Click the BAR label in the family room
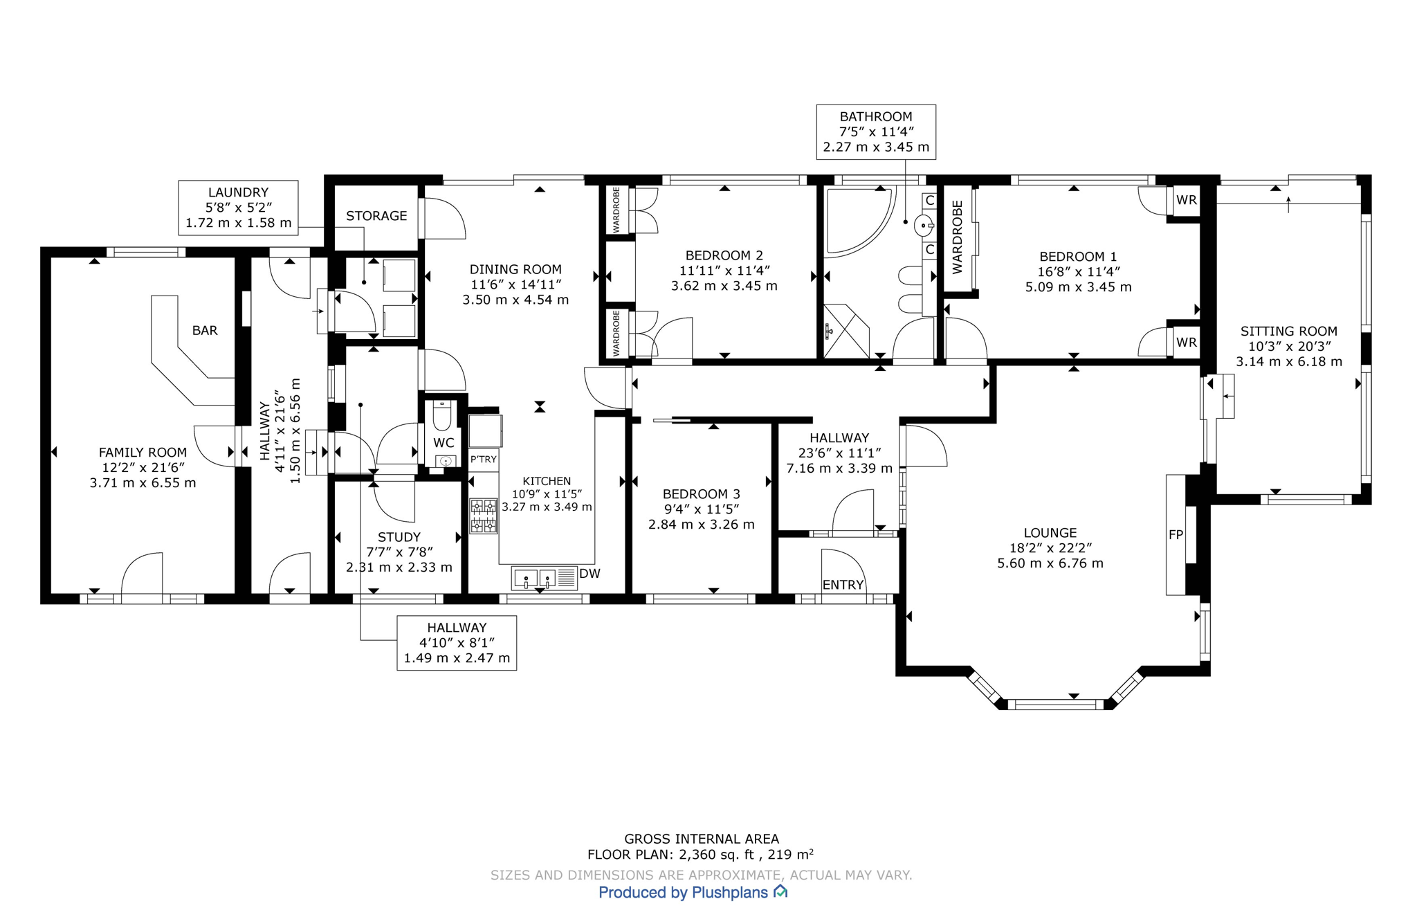tap(205, 331)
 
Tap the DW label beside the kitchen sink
tap(589, 574)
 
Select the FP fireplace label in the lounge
tap(1176, 534)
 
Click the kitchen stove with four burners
tap(484, 516)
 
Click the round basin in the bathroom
tap(923, 226)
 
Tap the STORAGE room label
tap(376, 216)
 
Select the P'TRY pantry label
tap(484, 460)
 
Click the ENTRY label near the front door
tap(843, 585)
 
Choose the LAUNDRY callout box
tap(238, 208)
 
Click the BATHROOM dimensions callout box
tap(876, 131)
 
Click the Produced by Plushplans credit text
tap(683, 893)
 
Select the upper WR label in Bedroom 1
tap(1186, 200)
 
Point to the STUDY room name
tap(399, 537)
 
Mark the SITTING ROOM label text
tap(1288, 332)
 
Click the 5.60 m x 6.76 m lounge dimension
tap(1050, 563)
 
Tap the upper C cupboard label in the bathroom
tap(930, 201)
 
